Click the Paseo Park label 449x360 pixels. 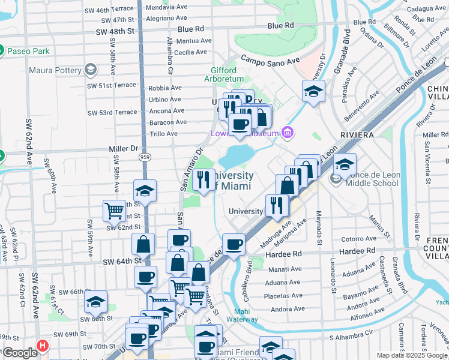(28, 51)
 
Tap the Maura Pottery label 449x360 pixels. (55, 70)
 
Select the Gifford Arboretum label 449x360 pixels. (227, 74)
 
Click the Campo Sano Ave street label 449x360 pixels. (270, 61)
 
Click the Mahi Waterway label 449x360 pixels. (242, 315)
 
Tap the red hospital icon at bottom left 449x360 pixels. (42, 346)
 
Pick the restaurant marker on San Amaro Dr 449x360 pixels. (204, 180)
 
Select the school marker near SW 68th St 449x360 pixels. (95, 302)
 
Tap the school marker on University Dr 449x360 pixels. (313, 92)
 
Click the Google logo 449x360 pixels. (20, 353)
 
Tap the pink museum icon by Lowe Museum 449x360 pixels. (288, 131)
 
